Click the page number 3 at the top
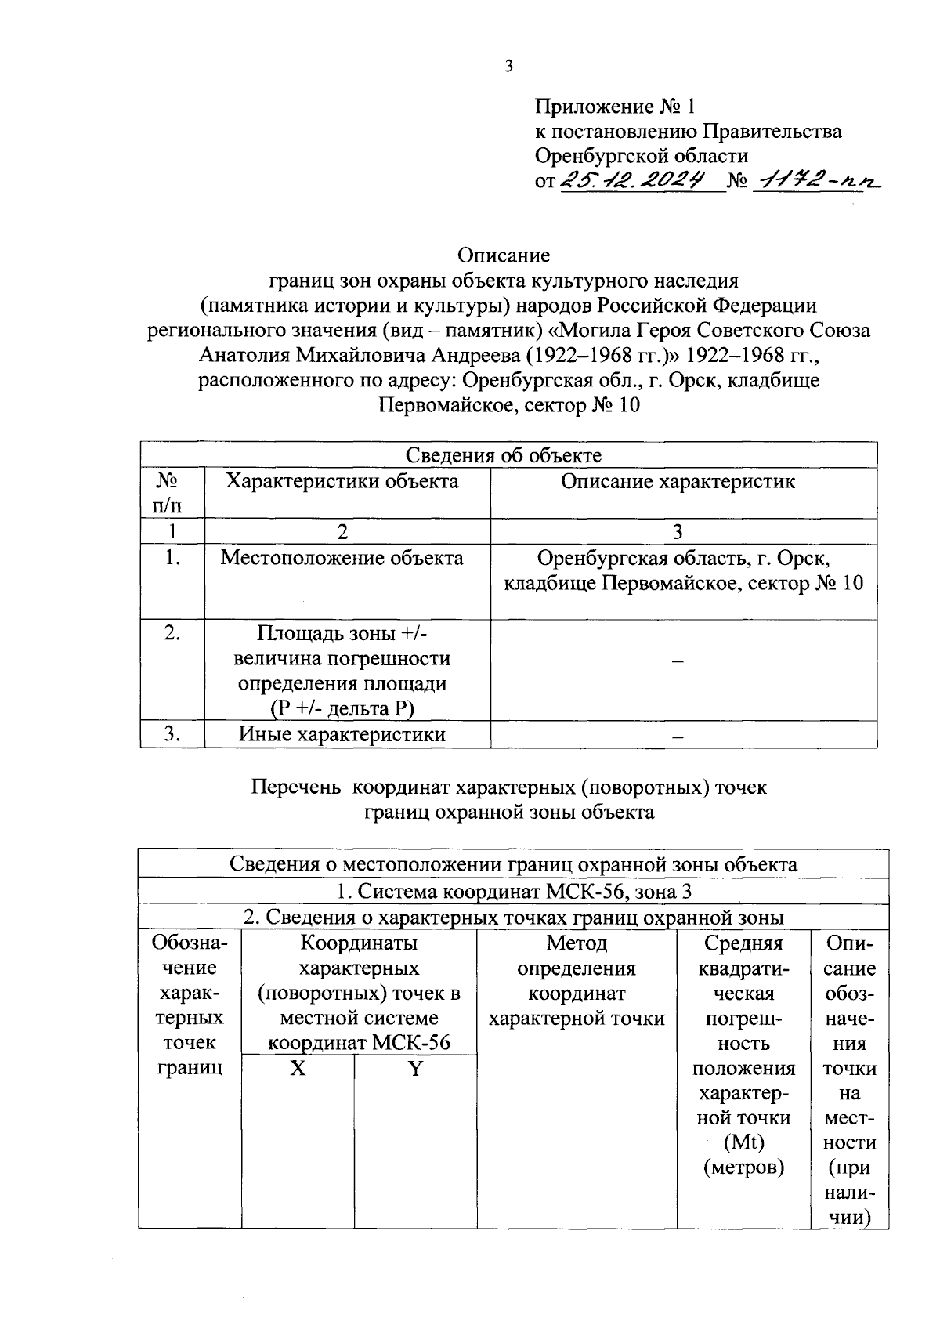[508, 67]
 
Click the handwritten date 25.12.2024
[641, 181]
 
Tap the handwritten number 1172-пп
[814, 181]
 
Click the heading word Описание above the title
[504, 255]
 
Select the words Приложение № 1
[615, 106]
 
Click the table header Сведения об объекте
[504, 455]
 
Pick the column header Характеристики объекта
[342, 481]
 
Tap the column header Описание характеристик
[678, 481]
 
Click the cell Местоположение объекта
[342, 558]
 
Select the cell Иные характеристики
[342, 734]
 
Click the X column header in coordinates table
[298, 1069]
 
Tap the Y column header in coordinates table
[415, 1069]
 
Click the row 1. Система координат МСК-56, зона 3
[514, 892]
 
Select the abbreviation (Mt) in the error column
[743, 1142]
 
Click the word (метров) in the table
[743, 1168]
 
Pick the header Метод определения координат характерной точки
[577, 981]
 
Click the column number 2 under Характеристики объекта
[342, 532]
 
